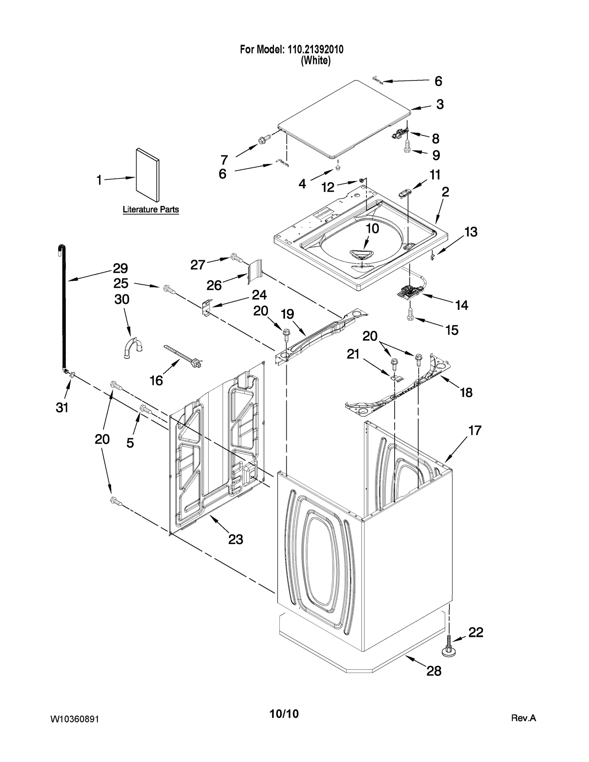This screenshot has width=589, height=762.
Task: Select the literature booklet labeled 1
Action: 148,175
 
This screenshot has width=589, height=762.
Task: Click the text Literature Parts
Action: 151,210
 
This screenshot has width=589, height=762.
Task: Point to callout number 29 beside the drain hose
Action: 120,269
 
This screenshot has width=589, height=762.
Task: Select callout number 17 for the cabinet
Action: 475,430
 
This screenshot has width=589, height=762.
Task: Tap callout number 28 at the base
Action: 434,671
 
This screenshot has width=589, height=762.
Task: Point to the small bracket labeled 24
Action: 208,306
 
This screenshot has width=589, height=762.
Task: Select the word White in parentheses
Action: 315,61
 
